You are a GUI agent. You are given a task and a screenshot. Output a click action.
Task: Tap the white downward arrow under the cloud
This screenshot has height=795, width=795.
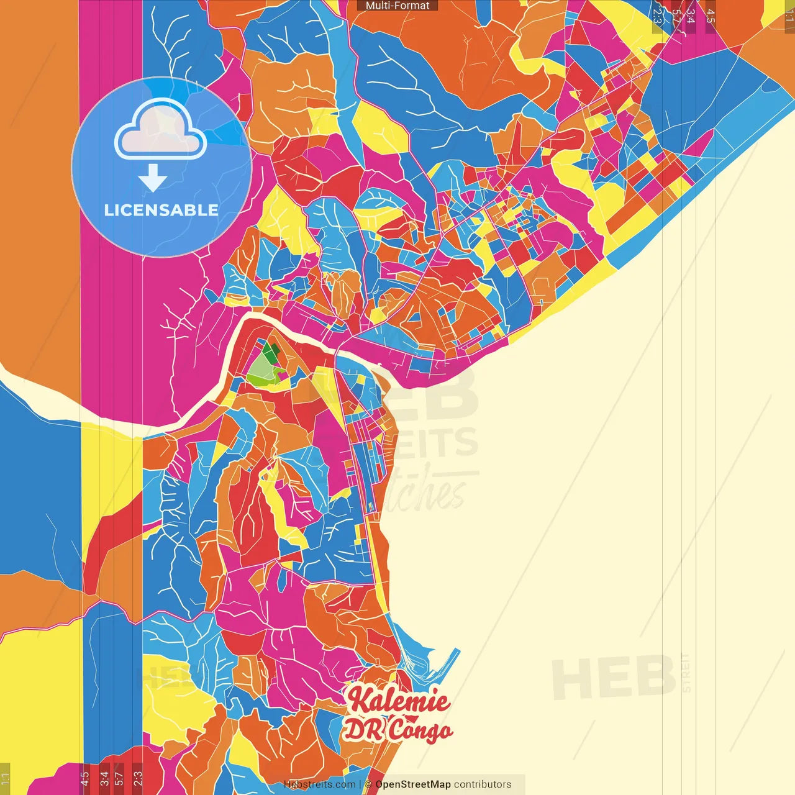[x=152, y=178]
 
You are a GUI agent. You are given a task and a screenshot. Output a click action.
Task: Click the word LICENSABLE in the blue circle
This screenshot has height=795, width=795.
[x=161, y=210]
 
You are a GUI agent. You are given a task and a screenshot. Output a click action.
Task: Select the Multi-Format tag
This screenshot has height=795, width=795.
[x=397, y=6]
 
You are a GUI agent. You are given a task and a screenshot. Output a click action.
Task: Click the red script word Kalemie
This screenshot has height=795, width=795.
[x=398, y=701]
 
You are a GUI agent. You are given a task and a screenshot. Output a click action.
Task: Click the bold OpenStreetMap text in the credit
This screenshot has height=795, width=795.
[x=412, y=784]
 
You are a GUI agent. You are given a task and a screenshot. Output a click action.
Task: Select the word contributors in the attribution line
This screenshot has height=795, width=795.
[x=483, y=784]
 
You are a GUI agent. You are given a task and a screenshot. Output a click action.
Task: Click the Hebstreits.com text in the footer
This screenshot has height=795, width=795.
[x=319, y=784]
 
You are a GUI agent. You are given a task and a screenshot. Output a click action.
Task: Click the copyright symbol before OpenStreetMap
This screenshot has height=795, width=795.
[x=368, y=784]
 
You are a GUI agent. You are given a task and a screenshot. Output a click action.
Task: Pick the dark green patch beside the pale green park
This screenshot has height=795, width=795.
[x=271, y=354]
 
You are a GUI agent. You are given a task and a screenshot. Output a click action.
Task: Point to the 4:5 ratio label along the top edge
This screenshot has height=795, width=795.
[x=711, y=16]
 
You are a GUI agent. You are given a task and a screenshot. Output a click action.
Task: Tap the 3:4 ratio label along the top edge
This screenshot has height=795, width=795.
[x=691, y=16]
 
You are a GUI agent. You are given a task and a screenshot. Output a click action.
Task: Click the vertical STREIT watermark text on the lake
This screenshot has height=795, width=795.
[x=686, y=673]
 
